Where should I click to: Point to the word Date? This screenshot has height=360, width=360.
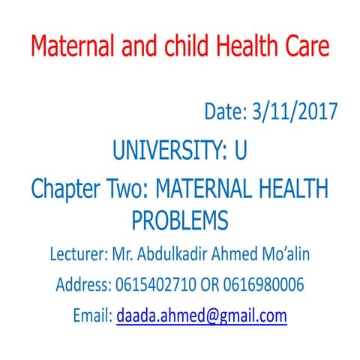(x=225, y=112)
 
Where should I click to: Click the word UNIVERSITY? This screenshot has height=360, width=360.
(x=169, y=151)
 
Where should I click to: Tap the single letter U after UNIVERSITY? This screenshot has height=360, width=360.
(x=240, y=151)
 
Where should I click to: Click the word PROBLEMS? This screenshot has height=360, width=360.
(x=179, y=220)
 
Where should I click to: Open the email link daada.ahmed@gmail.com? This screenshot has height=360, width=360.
(x=202, y=316)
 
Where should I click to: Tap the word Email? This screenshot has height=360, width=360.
(x=92, y=316)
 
